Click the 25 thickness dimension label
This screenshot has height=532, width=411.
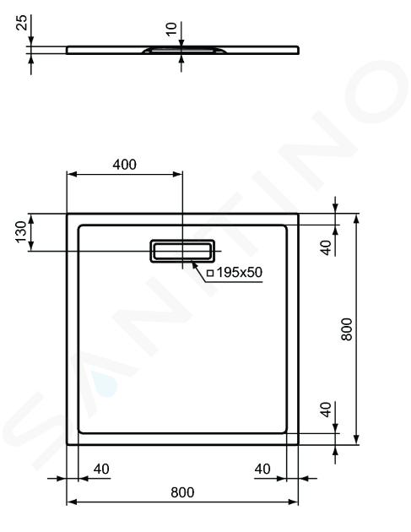click(x=23, y=23)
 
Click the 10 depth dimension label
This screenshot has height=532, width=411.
click(x=171, y=29)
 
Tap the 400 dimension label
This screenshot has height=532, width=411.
click(x=124, y=165)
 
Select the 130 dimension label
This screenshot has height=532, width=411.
click(x=21, y=231)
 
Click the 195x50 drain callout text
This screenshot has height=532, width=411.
click(x=240, y=272)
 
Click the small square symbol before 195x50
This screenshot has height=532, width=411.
click(x=210, y=273)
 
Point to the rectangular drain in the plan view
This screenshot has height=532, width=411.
click(x=182, y=251)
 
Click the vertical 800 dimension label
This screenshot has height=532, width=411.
click(x=347, y=329)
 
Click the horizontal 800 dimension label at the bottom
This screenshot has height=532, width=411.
click(x=182, y=492)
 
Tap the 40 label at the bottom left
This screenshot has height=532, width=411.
click(x=101, y=469)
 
